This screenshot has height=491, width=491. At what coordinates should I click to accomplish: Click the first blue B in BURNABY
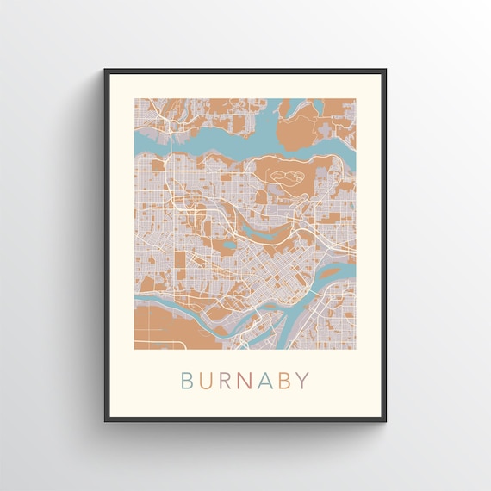[x=187, y=380]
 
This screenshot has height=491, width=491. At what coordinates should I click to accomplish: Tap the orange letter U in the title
[x=208, y=380]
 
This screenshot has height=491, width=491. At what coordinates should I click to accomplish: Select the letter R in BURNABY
[x=227, y=380]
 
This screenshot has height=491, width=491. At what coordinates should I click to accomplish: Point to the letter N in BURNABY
[x=248, y=380]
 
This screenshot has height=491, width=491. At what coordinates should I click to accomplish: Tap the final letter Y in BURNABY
[x=305, y=380]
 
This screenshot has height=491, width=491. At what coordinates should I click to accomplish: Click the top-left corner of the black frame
[x=105, y=70]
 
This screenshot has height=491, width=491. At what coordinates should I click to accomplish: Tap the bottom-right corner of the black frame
[x=385, y=420]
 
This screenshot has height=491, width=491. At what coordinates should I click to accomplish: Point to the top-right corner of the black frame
[x=385, y=70]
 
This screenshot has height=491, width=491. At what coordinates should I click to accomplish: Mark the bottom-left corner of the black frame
[x=105, y=420]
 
